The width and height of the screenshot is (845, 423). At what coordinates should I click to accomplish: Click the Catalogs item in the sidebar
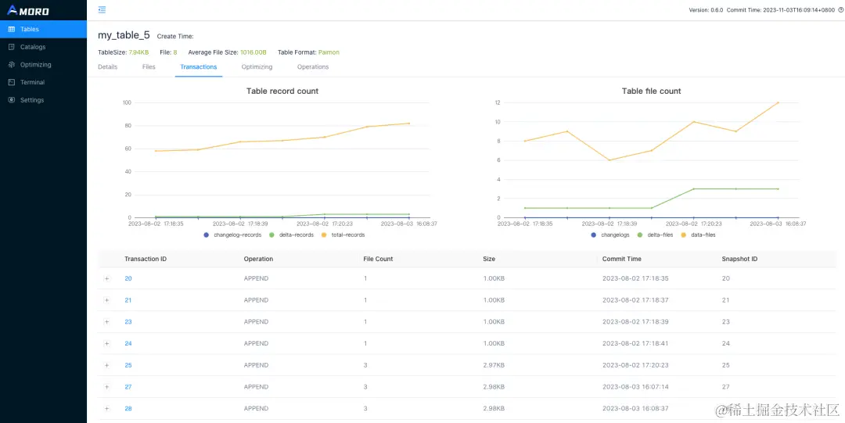(x=32, y=47)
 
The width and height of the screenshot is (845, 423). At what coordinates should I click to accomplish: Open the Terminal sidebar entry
(x=32, y=82)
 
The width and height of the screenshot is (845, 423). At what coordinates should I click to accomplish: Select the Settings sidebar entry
(x=31, y=100)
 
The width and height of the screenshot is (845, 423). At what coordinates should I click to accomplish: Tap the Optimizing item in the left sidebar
(x=35, y=65)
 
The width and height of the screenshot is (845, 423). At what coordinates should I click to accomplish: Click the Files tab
(x=149, y=67)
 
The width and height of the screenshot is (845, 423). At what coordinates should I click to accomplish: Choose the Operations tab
(x=313, y=67)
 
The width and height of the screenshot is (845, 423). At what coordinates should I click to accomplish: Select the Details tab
(x=107, y=67)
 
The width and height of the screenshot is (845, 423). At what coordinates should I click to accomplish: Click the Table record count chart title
(x=282, y=91)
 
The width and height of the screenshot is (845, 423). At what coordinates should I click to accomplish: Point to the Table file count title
(x=651, y=91)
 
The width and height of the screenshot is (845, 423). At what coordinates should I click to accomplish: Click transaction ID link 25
(x=128, y=365)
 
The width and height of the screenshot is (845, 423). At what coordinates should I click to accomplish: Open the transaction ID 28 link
(x=128, y=409)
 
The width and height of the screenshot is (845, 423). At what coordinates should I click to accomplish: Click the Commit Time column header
(x=621, y=259)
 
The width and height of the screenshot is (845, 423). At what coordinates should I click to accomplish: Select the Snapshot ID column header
(x=739, y=259)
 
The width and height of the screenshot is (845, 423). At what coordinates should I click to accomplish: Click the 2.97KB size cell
(x=494, y=365)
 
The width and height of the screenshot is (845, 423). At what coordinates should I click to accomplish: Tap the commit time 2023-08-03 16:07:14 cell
(x=635, y=387)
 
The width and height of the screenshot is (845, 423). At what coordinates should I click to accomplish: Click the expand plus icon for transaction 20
(x=107, y=278)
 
